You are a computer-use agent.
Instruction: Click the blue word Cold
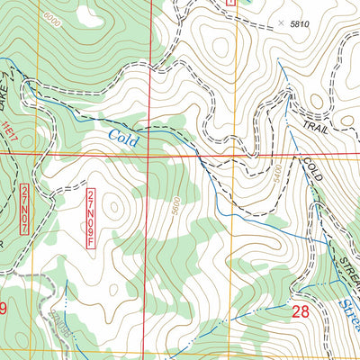pos(125,138)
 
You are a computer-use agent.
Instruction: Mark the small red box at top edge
pos(230,4)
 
